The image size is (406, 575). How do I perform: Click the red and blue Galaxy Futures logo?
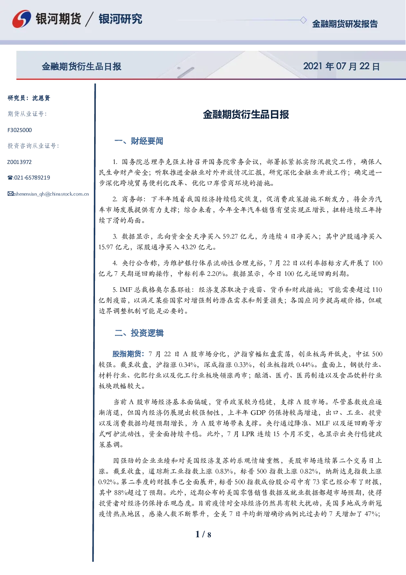point(21,19)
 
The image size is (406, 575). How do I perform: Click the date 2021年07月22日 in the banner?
point(341,66)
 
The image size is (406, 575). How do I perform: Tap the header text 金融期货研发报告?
point(345,24)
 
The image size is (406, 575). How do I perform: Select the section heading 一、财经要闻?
point(139,141)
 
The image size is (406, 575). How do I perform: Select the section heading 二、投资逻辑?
point(139,333)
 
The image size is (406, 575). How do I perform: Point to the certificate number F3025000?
point(20,130)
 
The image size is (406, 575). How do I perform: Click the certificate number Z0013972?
point(20,162)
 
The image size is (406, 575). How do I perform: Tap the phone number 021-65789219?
point(32,177)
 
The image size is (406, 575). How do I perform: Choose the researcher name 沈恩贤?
point(41,98)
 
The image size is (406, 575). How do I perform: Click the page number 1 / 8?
point(203,534)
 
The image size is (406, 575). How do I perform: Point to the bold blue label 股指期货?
point(126,354)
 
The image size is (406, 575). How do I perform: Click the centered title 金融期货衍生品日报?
point(246,114)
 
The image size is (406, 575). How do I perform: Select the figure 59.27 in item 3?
point(230,236)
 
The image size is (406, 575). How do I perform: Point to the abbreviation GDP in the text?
point(257,413)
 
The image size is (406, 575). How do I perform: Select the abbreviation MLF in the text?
point(323,423)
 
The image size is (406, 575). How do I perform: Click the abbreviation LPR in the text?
point(248,434)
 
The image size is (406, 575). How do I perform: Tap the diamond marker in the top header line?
point(303,20)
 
